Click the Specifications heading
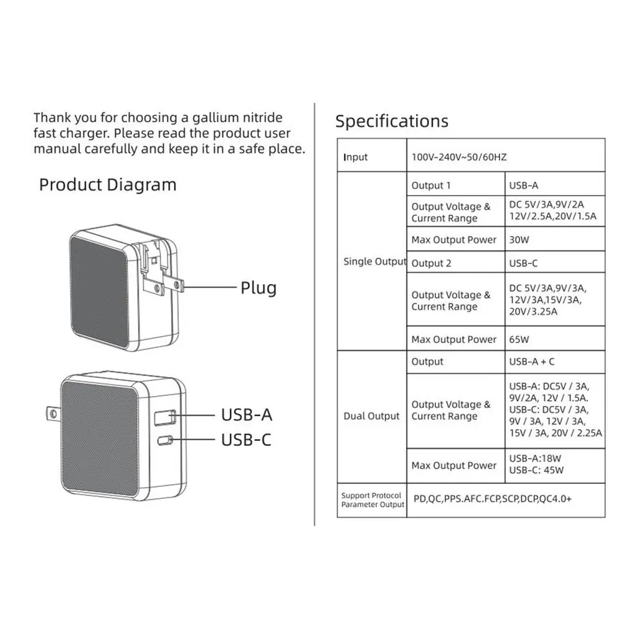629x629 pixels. click(392, 121)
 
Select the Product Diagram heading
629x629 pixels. click(108, 185)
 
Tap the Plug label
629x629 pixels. click(258, 288)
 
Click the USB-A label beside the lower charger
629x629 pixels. click(247, 415)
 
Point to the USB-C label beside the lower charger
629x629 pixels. click(247, 440)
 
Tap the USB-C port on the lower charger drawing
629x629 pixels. click(166, 441)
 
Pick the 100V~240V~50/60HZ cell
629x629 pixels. click(459, 158)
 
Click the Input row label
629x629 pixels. click(356, 158)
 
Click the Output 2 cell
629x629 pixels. click(431, 263)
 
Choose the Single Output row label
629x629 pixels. click(374, 262)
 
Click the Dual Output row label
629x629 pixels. click(371, 416)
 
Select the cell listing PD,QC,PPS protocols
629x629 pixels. click(492, 499)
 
